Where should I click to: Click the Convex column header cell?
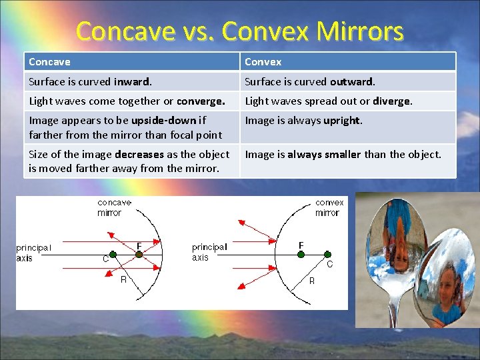click(347, 62)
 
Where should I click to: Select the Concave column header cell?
click(133, 62)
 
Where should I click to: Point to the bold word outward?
click(351, 82)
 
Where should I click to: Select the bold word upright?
click(341, 121)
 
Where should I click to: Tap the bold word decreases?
click(139, 155)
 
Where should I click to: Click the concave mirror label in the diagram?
click(114, 207)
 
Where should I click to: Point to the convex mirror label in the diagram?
click(329, 207)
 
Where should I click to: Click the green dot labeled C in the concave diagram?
click(113, 254)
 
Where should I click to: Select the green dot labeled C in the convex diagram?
click(327, 254)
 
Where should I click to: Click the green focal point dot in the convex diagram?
click(301, 254)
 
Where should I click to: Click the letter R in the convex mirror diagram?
click(311, 281)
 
